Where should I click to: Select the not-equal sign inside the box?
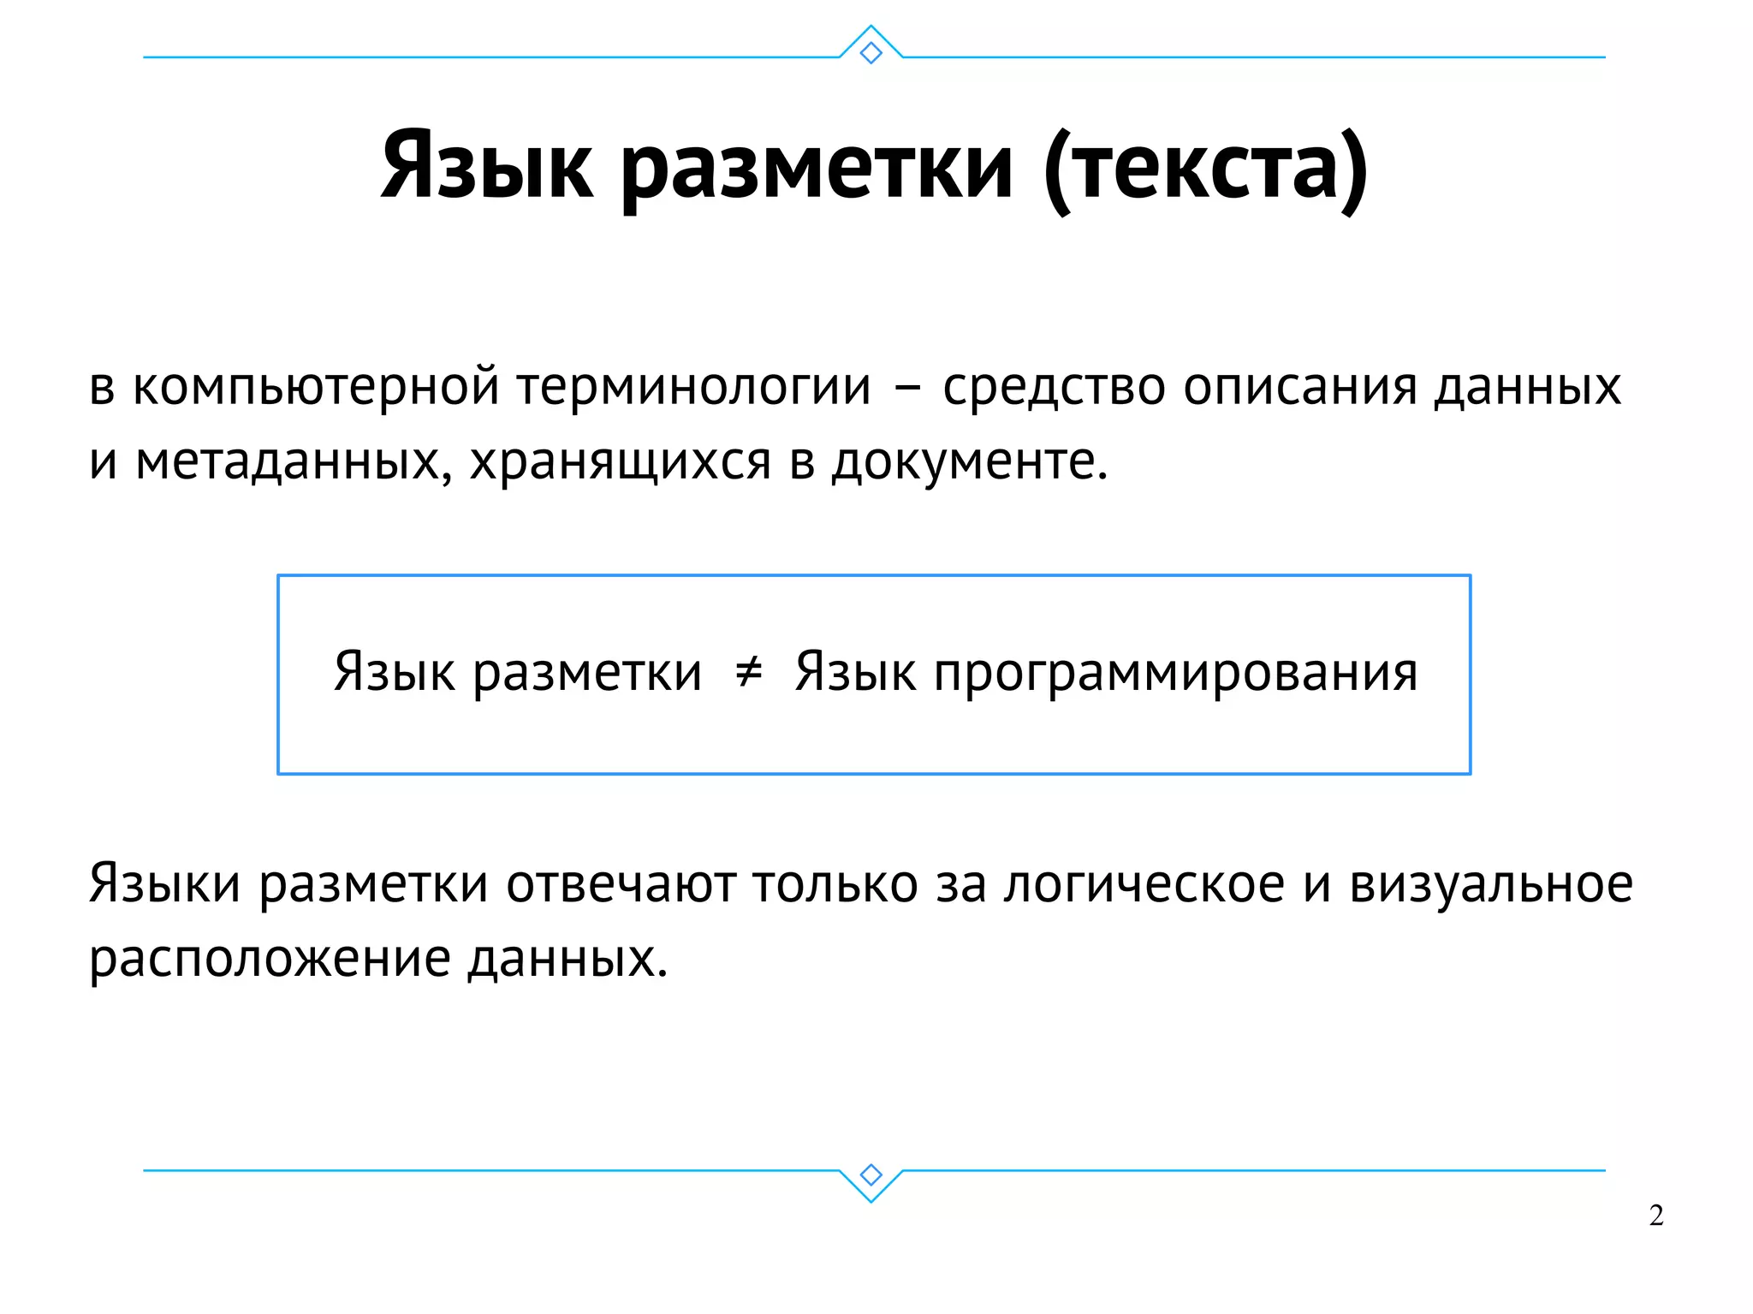749,671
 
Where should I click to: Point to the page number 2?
1656,1215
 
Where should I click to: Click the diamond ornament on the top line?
871,53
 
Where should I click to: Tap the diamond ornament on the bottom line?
871,1174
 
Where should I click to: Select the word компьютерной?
316,387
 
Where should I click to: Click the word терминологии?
694,387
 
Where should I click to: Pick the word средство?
1054,387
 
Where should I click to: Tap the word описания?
1300,387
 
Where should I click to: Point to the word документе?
969,462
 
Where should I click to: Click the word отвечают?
621,884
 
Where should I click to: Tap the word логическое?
1144,884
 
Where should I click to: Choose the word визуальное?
1491,884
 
